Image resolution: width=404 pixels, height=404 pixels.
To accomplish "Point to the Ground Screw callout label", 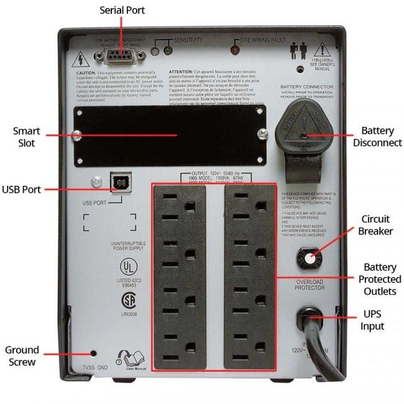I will pyautogui.click(x=22, y=356).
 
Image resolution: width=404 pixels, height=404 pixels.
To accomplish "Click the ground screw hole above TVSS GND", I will pyautogui.click(x=93, y=353).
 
